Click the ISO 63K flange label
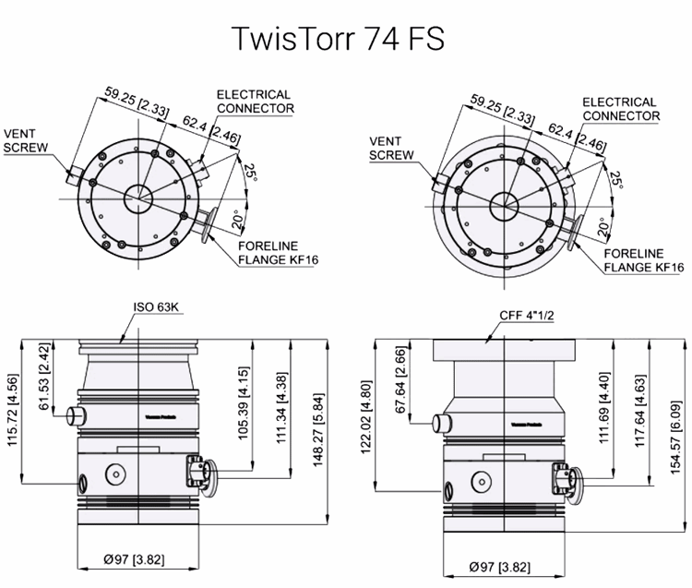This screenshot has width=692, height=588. click(157, 307)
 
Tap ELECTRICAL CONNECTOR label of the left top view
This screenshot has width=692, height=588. click(255, 101)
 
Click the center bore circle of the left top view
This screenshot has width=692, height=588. click(139, 196)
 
